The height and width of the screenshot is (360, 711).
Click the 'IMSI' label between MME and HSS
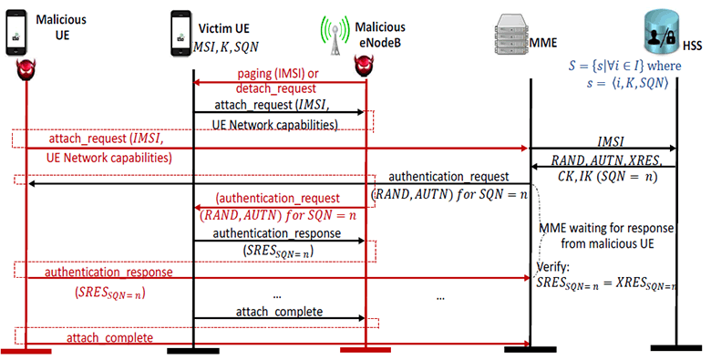pos(604,140)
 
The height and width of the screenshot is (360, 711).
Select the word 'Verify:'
pos(552,269)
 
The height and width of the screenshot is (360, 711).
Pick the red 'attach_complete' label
pos(108,337)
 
